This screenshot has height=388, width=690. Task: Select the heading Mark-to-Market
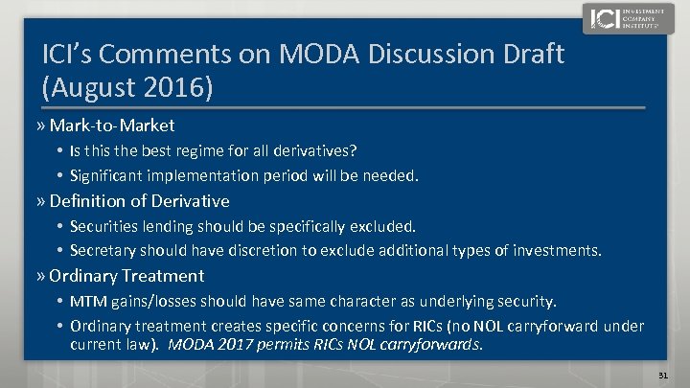(x=111, y=126)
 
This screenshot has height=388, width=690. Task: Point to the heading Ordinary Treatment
(x=126, y=276)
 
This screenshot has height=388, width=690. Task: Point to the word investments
(x=557, y=251)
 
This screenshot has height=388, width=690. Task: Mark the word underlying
(x=432, y=302)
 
